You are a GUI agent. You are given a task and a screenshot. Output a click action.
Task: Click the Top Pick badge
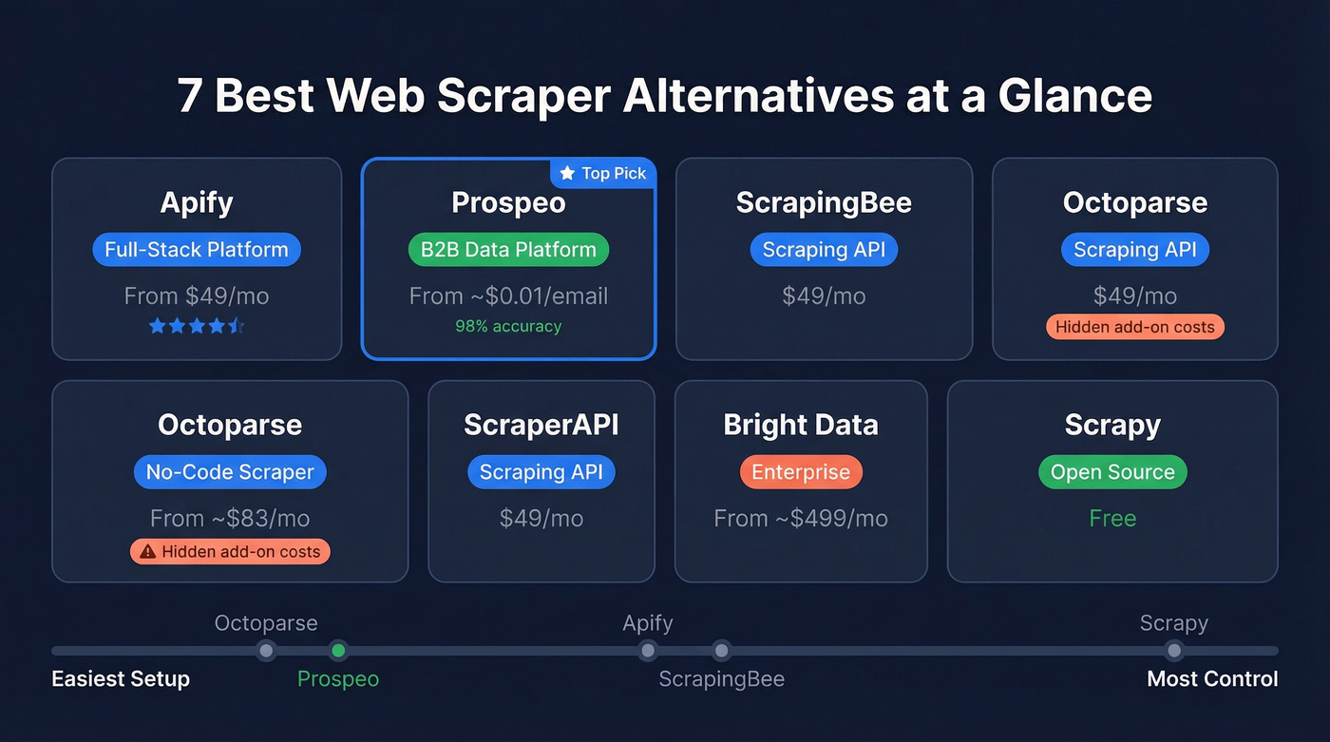(x=603, y=173)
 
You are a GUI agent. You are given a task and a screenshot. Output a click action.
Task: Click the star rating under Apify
(x=197, y=327)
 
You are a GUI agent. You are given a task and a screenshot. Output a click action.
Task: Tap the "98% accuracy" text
(x=508, y=327)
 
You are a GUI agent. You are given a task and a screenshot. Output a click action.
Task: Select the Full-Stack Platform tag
(x=197, y=250)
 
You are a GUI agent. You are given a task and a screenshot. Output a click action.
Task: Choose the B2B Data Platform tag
(x=508, y=250)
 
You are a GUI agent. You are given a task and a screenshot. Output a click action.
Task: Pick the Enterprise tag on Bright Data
(x=801, y=472)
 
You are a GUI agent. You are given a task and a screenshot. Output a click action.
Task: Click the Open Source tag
(x=1112, y=472)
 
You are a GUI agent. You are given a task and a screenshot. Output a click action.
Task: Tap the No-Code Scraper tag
(x=230, y=472)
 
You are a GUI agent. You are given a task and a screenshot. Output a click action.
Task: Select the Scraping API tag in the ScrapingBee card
(x=824, y=250)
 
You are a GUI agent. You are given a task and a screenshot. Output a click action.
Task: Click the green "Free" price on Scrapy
(x=1112, y=519)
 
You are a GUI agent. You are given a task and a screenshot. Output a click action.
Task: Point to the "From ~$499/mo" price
(x=801, y=519)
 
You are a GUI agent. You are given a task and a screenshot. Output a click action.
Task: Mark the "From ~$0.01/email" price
(x=508, y=296)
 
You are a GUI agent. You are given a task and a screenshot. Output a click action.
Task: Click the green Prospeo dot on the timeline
(x=338, y=651)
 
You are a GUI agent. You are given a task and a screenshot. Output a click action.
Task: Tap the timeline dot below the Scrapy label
(x=1174, y=651)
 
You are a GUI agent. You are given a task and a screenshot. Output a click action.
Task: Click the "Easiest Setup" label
(x=121, y=679)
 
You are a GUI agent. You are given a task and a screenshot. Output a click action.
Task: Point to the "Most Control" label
(x=1212, y=679)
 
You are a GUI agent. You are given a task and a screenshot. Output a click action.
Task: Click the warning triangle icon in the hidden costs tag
(x=147, y=552)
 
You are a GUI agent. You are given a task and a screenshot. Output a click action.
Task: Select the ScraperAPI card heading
(x=541, y=425)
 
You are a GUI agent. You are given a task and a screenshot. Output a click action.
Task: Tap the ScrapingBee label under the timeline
(x=722, y=679)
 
